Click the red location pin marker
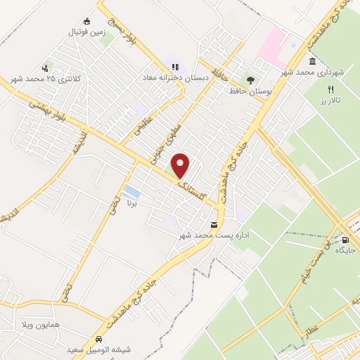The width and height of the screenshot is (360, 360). click(181, 165)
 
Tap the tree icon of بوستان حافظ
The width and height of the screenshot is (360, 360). click(250, 80)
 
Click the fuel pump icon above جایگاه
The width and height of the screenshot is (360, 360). click(344, 239)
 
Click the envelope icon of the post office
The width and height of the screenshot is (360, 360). click(214, 224)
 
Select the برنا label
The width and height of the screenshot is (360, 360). click(131, 202)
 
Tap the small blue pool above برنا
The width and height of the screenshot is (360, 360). click(131, 191)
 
